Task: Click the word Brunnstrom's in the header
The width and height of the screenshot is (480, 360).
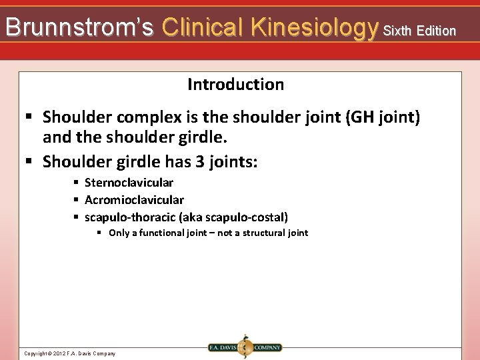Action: [79, 27]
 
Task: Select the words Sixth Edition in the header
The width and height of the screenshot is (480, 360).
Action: [419, 31]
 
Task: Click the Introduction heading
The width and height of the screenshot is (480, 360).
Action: [235, 85]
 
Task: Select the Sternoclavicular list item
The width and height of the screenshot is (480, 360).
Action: [129, 183]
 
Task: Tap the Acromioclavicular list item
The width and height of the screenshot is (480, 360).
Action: [134, 200]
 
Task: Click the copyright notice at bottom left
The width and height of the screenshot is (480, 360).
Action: [69, 353]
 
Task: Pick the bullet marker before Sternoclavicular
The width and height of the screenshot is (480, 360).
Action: [77, 183]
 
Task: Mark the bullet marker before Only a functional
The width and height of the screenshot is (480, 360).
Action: [99, 233]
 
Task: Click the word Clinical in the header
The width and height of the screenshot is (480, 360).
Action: [203, 27]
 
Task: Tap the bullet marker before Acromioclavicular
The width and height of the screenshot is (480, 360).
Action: [77, 200]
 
